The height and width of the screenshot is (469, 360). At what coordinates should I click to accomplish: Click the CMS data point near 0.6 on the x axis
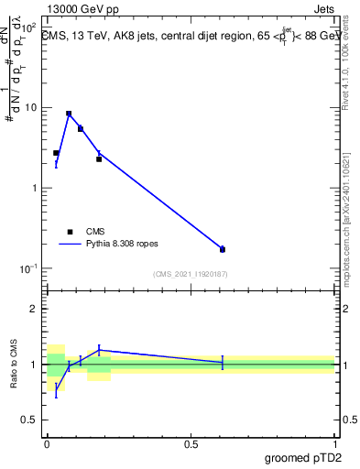(223, 249)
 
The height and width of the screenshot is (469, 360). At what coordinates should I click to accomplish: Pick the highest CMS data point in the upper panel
(69, 114)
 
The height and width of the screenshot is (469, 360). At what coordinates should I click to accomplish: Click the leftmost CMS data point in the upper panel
(56, 153)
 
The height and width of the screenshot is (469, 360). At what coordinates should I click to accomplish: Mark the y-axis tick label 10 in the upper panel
(30, 107)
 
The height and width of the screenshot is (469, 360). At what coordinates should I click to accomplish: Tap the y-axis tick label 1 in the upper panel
(34, 188)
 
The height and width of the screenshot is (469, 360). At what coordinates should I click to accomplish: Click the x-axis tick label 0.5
(191, 442)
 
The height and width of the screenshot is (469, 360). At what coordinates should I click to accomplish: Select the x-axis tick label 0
(47, 442)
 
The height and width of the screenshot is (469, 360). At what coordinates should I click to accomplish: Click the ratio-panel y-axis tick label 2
(34, 309)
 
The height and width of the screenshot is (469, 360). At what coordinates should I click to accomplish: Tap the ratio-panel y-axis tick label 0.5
(29, 420)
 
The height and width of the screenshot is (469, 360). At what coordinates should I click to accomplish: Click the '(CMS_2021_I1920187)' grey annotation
(190, 274)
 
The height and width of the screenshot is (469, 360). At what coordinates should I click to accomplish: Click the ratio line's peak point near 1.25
(99, 350)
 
